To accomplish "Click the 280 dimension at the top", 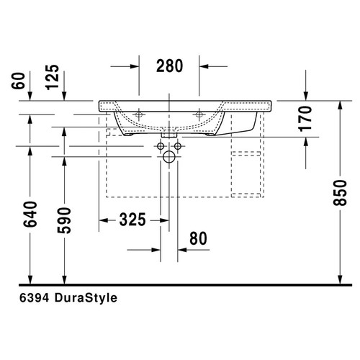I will (x=169, y=66).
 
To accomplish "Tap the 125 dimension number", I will (x=53, y=76).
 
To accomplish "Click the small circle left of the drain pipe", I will (x=160, y=146).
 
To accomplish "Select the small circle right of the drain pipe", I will (x=179, y=146).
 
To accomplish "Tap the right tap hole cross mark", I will (x=199, y=113).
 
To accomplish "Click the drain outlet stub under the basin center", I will (x=170, y=133).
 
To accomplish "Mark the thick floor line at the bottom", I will (x=180, y=285).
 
